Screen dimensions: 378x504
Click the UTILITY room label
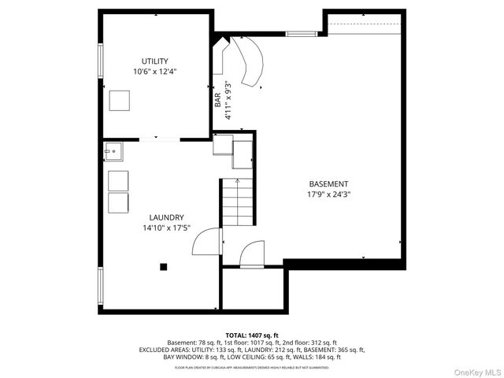154,61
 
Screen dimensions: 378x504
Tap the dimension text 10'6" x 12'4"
154,72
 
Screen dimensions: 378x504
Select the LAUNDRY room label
167,217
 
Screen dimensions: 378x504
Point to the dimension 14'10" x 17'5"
167,228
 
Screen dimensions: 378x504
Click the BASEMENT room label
328,183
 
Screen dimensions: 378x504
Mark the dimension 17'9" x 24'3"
328,195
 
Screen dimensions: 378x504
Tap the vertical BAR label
218,100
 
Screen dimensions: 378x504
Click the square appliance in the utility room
120,101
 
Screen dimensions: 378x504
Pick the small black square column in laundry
164,267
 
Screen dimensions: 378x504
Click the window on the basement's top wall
297,33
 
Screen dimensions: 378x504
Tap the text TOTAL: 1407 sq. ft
252,335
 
